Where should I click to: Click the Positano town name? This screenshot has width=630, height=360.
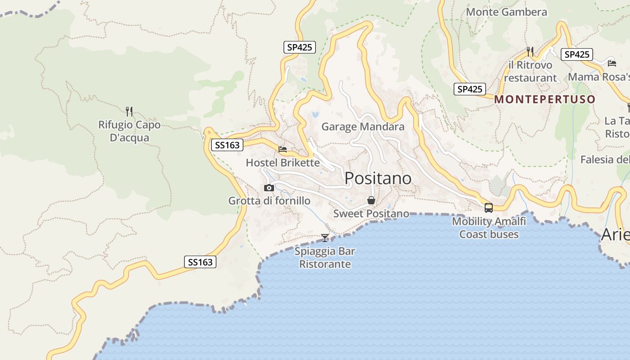point(378,178)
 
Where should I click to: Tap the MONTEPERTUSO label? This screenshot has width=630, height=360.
point(544,99)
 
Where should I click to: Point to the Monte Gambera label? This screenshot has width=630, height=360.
point(507,12)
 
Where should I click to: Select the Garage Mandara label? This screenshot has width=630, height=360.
point(363,127)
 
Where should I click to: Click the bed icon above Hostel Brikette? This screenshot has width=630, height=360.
point(283,149)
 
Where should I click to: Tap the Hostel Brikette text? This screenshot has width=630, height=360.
point(283,162)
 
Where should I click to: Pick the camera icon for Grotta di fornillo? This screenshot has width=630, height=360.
point(269,188)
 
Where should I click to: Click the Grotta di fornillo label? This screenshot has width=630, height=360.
point(269,201)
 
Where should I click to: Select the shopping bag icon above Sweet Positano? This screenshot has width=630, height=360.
point(371,200)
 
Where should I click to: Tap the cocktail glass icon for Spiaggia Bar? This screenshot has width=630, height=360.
point(325,238)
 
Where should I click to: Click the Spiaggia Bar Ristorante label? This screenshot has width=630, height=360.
point(325,257)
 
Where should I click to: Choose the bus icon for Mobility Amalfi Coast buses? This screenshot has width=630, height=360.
point(489,208)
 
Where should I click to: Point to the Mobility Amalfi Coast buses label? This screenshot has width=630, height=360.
point(489,228)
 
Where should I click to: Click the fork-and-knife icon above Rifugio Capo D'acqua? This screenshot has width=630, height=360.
point(129,111)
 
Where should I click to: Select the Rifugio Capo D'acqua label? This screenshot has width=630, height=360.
point(129,131)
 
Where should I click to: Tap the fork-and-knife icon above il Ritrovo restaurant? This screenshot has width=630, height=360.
point(530,52)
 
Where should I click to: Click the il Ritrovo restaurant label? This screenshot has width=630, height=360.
point(530,72)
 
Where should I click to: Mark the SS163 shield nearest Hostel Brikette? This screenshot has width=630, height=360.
point(227,145)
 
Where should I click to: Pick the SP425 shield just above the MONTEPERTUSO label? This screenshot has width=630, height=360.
point(469,89)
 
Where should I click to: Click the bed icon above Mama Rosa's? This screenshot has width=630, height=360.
point(612,63)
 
